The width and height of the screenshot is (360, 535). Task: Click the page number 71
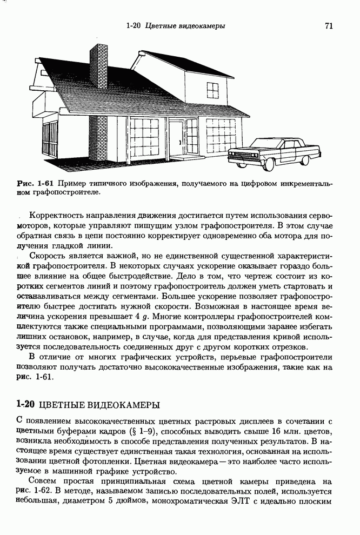[x=329, y=25]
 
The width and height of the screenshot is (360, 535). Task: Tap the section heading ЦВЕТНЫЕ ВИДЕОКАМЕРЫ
[x=100, y=404]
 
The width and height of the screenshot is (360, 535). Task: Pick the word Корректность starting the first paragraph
[x=60, y=216]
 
